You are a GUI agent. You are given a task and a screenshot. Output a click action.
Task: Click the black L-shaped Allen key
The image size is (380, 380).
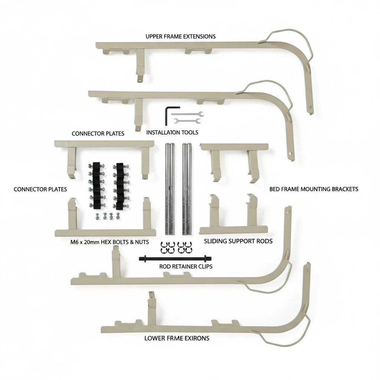click(x=167, y=115)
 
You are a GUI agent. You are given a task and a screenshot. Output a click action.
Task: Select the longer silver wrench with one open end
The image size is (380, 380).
click(x=187, y=114)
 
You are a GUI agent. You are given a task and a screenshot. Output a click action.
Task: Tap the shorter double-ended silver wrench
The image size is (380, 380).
click(x=187, y=121)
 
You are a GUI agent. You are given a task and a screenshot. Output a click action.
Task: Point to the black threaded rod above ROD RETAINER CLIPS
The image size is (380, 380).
click(x=173, y=258)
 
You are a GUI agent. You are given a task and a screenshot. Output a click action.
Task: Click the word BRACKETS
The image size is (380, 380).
click(x=344, y=189)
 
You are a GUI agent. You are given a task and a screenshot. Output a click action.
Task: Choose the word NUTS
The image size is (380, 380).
click(x=141, y=242)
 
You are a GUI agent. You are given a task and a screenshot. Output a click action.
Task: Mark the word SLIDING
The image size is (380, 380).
click(x=215, y=241)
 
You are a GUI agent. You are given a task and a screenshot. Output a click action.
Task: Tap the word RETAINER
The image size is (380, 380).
click(x=185, y=266)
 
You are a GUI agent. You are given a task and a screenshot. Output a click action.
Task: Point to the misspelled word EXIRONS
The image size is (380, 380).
click(x=196, y=338)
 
